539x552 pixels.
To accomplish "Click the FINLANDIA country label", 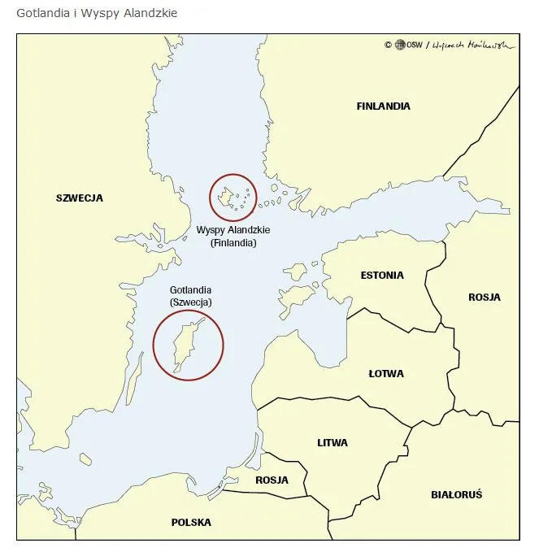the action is tap(383, 106).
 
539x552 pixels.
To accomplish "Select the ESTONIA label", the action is tap(382, 276).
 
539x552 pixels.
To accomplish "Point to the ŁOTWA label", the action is tap(386, 374).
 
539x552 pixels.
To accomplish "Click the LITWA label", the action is tap(333, 443).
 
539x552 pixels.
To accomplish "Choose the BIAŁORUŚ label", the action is tap(457, 494).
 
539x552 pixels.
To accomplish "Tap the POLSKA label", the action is tap(191, 523).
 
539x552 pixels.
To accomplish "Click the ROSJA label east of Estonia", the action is tap(485, 298).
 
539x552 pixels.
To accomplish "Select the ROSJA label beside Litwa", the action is tap(272, 480).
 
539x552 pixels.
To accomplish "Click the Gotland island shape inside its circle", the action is tap(184, 346).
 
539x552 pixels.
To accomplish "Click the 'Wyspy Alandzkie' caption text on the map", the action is tap(233, 230).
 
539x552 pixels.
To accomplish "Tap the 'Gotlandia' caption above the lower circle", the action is tap(191, 290).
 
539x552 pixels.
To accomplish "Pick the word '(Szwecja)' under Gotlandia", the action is tap(191, 302).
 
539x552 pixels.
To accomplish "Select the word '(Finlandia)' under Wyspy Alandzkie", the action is tap(233, 243).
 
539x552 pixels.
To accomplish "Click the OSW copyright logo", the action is tap(399, 46).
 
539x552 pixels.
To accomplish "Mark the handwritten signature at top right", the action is tap(473, 46).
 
